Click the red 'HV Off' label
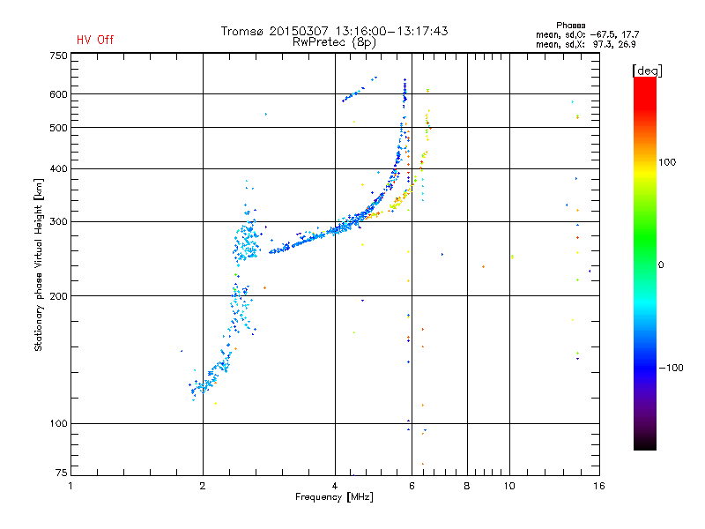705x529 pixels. pos(95,40)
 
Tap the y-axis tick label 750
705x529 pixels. pos(58,56)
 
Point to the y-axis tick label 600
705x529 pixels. pos(58,93)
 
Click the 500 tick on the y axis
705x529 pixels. pos(58,128)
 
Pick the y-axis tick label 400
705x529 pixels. pos(58,168)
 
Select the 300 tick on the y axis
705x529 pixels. pos(58,221)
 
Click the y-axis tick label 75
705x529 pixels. pos(61,475)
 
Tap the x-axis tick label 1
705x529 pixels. pos(71,486)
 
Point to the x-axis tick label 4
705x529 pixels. pos(335,486)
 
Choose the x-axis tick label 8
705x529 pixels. pos(467,486)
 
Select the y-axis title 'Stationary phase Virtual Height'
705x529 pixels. pos(39,264)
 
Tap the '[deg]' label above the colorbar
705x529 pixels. pos(647,70)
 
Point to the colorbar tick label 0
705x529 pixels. pos(664,264)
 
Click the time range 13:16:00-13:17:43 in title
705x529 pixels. pos(384,31)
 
